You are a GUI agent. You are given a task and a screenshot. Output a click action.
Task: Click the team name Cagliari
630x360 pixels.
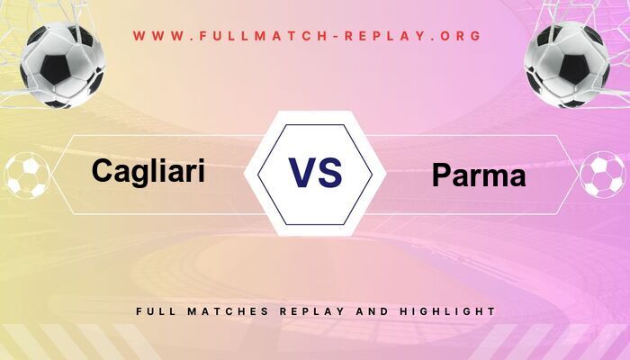pyautogui.click(x=148, y=170)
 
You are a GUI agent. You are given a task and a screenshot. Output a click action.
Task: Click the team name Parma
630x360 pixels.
pyautogui.click(x=479, y=175)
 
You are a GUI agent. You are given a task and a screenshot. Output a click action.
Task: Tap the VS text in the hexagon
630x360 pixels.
pyautogui.click(x=315, y=172)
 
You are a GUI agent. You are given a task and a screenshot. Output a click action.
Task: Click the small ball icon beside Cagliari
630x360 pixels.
pyautogui.click(x=27, y=175)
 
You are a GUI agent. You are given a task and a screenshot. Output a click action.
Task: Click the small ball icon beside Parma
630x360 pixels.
pyautogui.click(x=603, y=175)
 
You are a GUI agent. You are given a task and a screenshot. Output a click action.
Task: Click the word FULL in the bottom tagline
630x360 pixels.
pyautogui.click(x=155, y=311)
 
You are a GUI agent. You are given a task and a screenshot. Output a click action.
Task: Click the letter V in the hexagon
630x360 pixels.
pyautogui.click(x=300, y=172)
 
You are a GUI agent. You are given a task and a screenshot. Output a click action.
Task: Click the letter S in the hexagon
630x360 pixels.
pyautogui.click(x=330, y=172)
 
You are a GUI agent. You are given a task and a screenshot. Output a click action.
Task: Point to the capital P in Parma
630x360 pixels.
pyautogui.click(x=441, y=175)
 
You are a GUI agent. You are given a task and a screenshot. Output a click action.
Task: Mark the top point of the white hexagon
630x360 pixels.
pyautogui.click(x=315, y=112)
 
